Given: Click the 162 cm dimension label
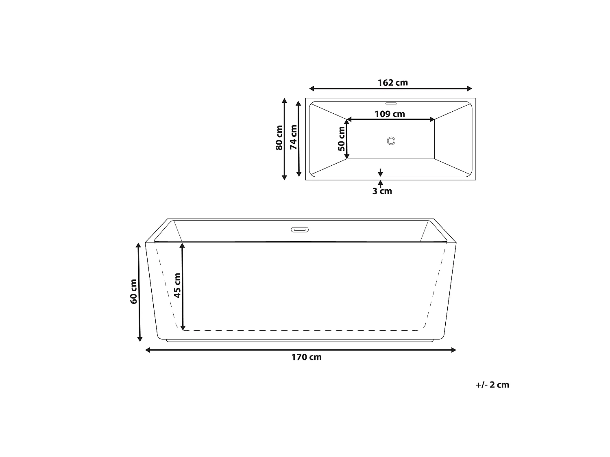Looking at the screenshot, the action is coord(393,83).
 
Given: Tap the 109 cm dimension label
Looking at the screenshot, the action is coord(390,114).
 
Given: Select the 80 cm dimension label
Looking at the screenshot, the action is coord(279,138).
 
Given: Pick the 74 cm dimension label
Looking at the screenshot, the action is coord(294,137).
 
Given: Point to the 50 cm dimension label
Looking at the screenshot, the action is coord(342,139).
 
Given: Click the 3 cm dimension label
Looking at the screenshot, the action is coord(382,191).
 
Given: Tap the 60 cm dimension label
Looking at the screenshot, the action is coord(134,292).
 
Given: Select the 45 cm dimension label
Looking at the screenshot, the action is coord(177,286).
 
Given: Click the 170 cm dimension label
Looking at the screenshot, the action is coord(306,357).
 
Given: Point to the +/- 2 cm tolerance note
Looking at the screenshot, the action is coord(492,385).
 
